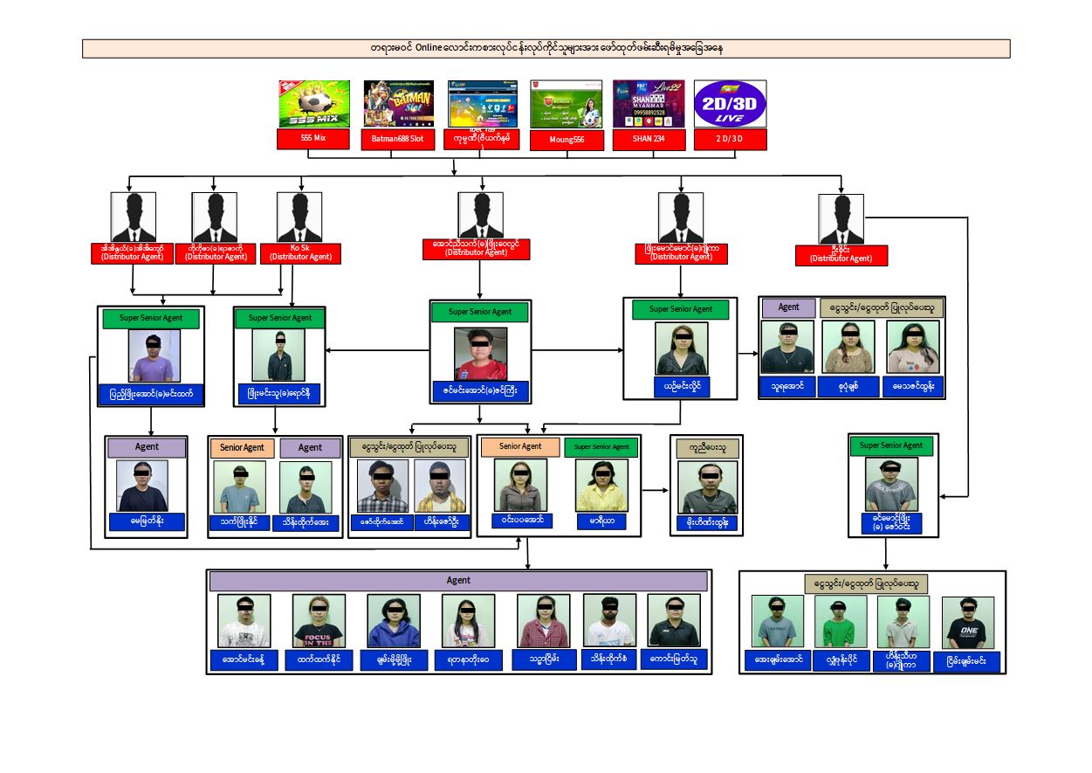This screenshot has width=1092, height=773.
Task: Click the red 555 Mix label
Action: (313, 138)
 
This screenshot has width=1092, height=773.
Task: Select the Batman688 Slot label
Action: (397, 139)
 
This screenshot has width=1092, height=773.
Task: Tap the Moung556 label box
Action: (567, 140)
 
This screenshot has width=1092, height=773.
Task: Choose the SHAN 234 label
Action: (648, 138)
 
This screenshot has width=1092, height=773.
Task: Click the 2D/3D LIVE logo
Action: (730, 104)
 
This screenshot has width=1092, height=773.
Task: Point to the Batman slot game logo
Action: (398, 104)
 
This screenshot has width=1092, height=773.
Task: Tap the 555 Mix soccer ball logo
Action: (313, 104)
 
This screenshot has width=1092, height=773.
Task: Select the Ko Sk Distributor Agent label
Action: (300, 252)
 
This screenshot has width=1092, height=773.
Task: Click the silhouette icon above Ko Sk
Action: (299, 216)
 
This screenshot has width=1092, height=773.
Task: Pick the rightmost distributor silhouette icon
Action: (841, 218)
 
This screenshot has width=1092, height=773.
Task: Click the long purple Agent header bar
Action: (458, 581)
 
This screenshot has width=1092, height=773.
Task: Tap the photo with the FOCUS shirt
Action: (319, 621)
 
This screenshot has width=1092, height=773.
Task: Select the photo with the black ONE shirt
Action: (968, 622)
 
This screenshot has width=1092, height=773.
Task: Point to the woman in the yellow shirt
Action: (601, 485)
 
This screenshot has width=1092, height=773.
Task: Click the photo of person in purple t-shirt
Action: (155, 355)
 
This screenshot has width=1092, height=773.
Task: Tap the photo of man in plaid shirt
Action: (382, 486)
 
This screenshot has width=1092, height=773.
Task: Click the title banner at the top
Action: (546, 48)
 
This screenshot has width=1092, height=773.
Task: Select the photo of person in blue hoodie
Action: (394, 621)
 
